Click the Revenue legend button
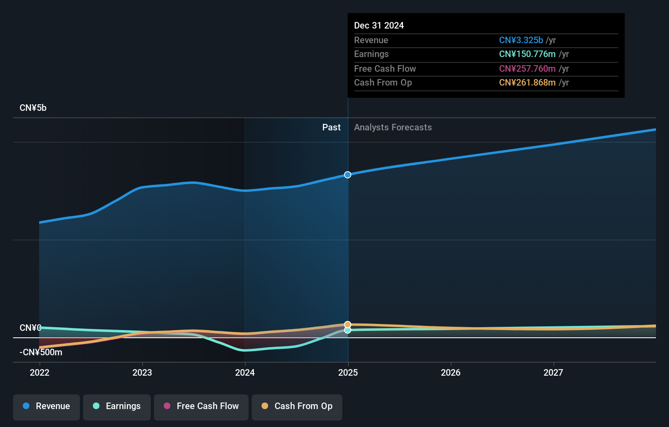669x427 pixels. [x=46, y=407]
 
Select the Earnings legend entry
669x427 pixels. [x=117, y=407]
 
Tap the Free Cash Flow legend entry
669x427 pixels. [x=201, y=407]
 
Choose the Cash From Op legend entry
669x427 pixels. [x=297, y=407]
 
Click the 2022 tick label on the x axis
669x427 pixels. [x=40, y=373]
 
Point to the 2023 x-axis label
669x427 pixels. [x=142, y=373]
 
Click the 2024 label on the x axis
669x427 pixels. [x=245, y=373]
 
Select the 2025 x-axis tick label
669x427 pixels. [x=348, y=373]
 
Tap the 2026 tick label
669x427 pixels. [x=451, y=373]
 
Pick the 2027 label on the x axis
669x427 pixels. [x=553, y=373]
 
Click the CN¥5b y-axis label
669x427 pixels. [x=33, y=108]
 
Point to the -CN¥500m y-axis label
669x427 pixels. [x=41, y=352]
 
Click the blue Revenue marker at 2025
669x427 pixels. [x=348, y=175]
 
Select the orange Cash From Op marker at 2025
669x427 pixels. [x=348, y=325]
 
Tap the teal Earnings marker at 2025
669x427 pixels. [x=348, y=330]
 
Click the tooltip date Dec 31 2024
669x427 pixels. [x=379, y=26]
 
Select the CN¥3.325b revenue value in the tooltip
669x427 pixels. [x=521, y=40]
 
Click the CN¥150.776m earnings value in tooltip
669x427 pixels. [x=527, y=54]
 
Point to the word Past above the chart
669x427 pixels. [x=331, y=128]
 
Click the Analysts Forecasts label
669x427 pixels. [x=393, y=128]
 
